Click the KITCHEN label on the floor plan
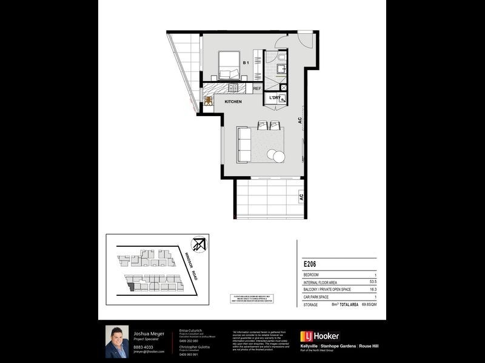(x=233, y=102)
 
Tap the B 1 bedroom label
(x=246, y=63)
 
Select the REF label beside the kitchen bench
(x=257, y=89)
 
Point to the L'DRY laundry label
(x=275, y=97)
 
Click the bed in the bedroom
(x=229, y=66)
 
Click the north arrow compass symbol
(x=198, y=244)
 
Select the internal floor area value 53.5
(x=372, y=281)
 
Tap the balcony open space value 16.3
(x=372, y=289)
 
